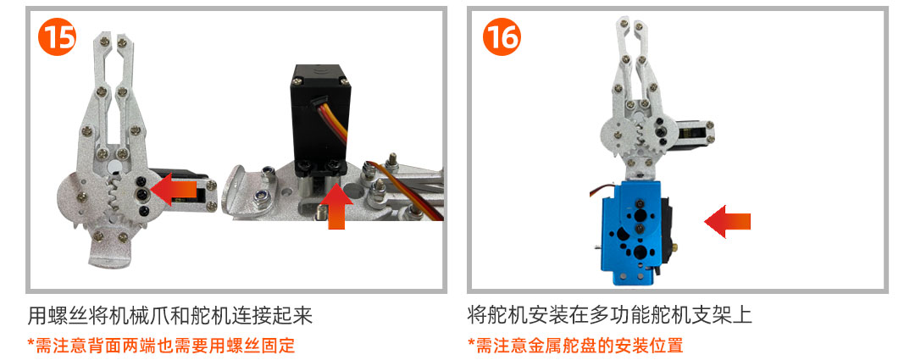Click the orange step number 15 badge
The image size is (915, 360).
coord(58,36)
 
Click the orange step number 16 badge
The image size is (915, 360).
coord(502,36)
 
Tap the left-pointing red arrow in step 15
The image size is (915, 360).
coord(174,189)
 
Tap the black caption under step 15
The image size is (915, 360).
coord(170,315)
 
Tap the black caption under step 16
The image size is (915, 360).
coord(610,315)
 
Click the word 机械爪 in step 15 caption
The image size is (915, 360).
coord(130,315)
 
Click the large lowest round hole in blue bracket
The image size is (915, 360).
coord(640,252)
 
